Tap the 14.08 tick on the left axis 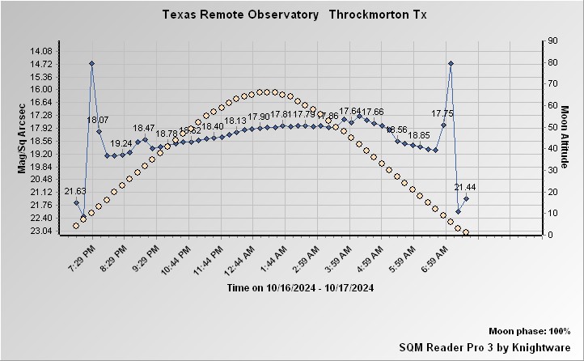pyautogui.click(x=40, y=51)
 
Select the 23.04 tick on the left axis pyautogui.click(x=40, y=231)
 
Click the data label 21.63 pyautogui.click(x=75, y=191)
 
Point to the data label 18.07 pyautogui.click(x=98, y=120)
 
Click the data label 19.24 pyautogui.click(x=121, y=143)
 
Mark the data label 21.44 pyautogui.click(x=465, y=187)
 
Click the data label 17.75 pyautogui.click(x=442, y=114)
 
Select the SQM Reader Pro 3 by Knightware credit pyautogui.click(x=485, y=346)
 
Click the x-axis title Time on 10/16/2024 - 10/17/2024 pyautogui.click(x=300, y=287)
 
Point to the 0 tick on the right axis pyautogui.click(x=550, y=235)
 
